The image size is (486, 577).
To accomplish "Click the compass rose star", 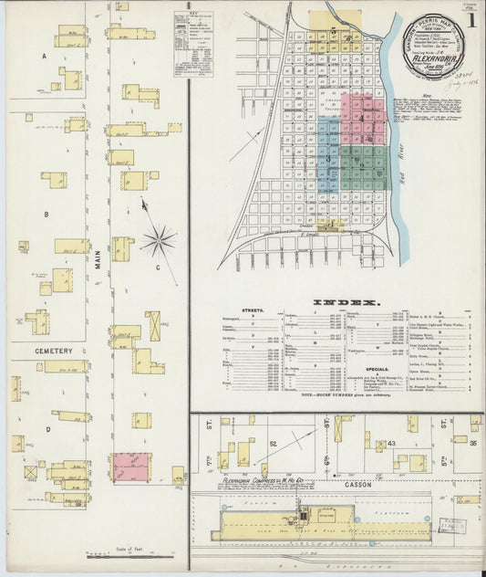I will point(158,242).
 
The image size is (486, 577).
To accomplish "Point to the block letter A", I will point(44,56).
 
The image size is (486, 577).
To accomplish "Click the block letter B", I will point(45,215).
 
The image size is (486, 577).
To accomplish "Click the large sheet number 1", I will point(470,19).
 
